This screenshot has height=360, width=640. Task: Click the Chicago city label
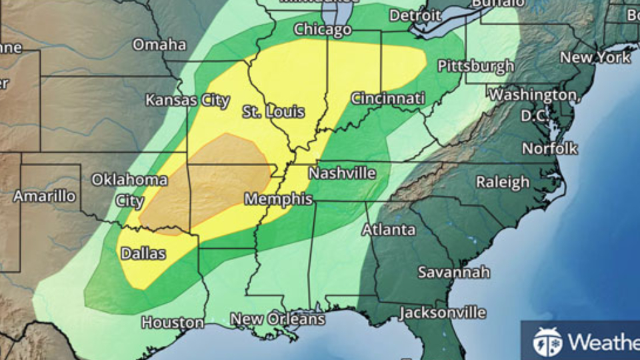pos(323,29)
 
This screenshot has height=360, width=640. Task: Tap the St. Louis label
pos(273,111)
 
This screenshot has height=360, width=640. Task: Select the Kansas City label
pos(188,101)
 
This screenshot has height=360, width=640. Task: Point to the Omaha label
pos(159,45)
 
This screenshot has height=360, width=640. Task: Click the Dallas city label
pos(143,253)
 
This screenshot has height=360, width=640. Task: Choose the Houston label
pos(173,323)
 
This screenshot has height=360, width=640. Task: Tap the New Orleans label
pos(277,319)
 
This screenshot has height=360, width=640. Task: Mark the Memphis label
pos(278,199)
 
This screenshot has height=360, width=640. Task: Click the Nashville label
pos(342,173)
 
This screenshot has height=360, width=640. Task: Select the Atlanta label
pos(389,230)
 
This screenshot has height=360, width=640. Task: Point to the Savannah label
pos(453,272)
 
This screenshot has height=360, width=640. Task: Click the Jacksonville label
pos(442,313)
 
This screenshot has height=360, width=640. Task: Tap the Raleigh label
pos(503,182)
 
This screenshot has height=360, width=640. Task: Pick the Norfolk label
pos(549,149)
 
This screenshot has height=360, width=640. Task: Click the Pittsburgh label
pos(475,66)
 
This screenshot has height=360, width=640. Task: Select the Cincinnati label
pos(387,99)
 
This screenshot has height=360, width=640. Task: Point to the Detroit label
pos(415,15)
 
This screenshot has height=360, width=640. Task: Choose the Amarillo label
pos(45,196)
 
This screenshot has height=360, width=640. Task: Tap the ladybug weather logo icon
pos(547,342)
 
